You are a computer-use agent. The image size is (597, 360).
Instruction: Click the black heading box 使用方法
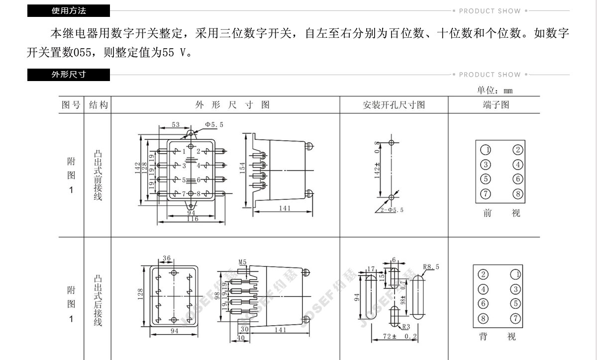point(69,10)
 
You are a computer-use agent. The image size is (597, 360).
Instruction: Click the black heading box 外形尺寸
point(69,75)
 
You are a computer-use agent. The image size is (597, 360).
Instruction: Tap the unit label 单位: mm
point(495,90)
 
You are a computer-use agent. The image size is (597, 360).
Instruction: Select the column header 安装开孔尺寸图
point(394,105)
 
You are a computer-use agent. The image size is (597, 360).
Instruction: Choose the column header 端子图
point(496,105)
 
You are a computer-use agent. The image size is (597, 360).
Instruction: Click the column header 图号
point(71,105)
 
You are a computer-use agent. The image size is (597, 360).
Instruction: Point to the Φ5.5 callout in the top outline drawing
point(214,124)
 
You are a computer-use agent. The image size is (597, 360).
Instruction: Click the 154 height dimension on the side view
point(242,168)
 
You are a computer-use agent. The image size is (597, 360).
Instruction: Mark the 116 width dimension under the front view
point(193,219)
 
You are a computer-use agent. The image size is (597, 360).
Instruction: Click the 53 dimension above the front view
point(175,124)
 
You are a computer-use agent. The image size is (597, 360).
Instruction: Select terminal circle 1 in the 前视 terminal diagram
point(486,150)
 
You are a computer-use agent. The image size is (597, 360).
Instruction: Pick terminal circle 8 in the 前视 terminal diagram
point(518,194)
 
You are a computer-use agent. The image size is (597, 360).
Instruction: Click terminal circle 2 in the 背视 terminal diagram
point(483,274)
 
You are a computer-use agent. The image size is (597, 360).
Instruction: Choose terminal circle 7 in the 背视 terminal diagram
point(515,318)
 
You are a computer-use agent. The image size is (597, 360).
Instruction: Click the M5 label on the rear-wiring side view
point(242,262)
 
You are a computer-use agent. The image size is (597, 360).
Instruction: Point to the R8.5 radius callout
point(431,267)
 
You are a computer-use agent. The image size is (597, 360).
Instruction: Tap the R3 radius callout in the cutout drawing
point(406,327)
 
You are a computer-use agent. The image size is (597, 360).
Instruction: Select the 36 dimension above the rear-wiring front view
point(167,258)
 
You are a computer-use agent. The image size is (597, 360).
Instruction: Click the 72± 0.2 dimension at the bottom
point(400,336)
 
